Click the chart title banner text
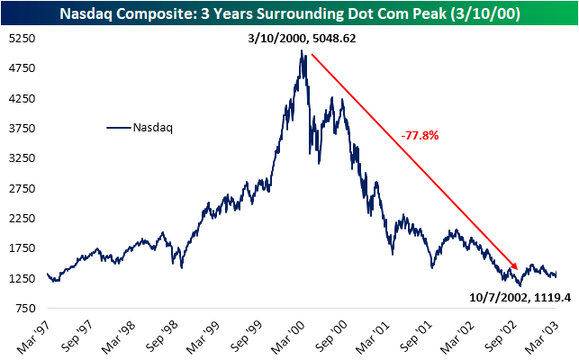(x=289, y=13)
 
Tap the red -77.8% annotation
(x=420, y=136)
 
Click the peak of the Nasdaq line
(x=304, y=51)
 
